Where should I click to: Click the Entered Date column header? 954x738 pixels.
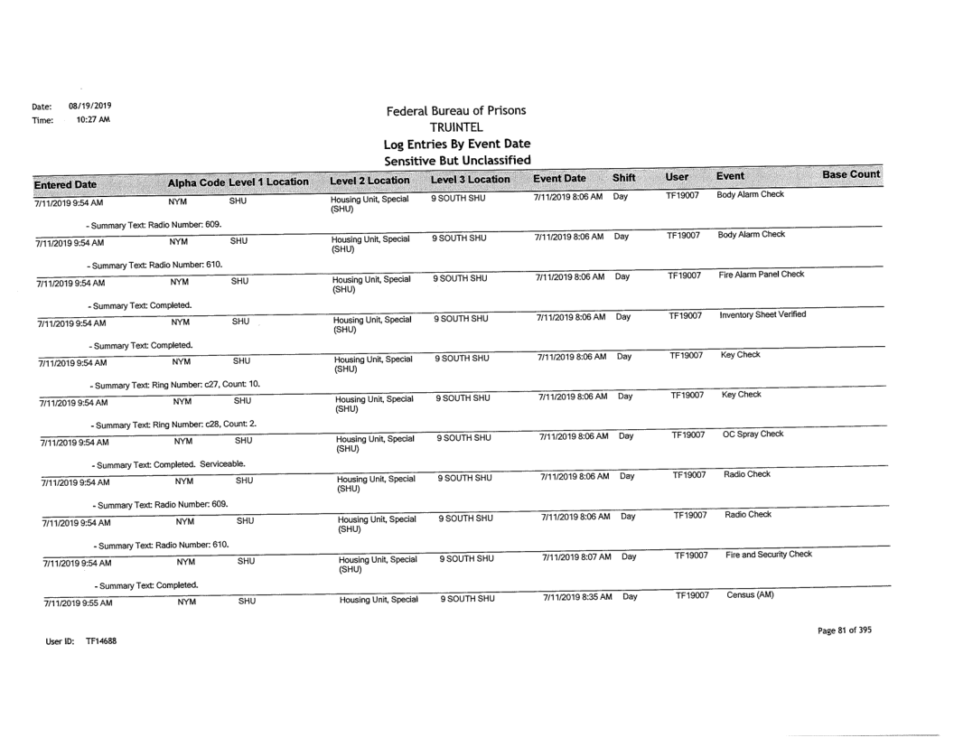point(51,176)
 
